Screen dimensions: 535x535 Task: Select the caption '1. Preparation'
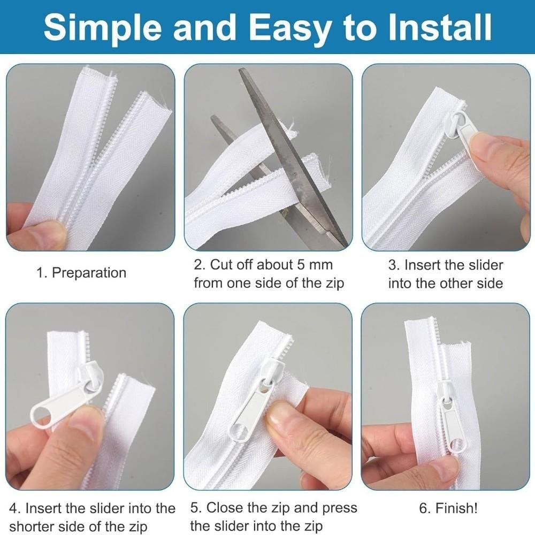click(x=81, y=273)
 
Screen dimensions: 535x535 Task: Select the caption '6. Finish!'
click(x=448, y=508)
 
